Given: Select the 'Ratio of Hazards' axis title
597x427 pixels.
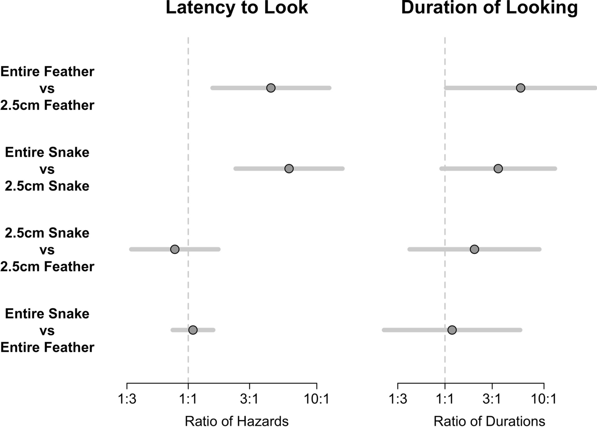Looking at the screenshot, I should coord(237,421).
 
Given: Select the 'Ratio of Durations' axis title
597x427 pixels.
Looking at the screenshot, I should coord(489,421).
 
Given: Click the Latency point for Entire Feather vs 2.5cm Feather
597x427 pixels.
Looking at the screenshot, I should coord(271,88).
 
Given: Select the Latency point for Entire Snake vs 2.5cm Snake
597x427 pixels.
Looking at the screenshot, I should coord(289,169).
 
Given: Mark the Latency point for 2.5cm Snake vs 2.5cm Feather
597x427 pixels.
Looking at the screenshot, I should coord(175,249).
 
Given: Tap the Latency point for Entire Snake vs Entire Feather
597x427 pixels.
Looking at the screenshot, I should coord(193,330).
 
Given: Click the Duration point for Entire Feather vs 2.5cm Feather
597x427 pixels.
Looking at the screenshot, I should coord(520,88).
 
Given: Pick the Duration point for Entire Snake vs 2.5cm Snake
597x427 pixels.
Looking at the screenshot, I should coord(498,169).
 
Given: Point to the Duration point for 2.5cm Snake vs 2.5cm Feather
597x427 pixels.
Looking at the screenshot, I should coord(474,249).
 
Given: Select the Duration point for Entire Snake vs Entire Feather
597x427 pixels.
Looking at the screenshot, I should coord(452,330).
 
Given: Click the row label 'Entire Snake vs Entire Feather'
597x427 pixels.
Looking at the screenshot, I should coord(47,330).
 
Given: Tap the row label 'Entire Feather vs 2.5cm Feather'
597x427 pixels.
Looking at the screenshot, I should coord(47,88).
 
